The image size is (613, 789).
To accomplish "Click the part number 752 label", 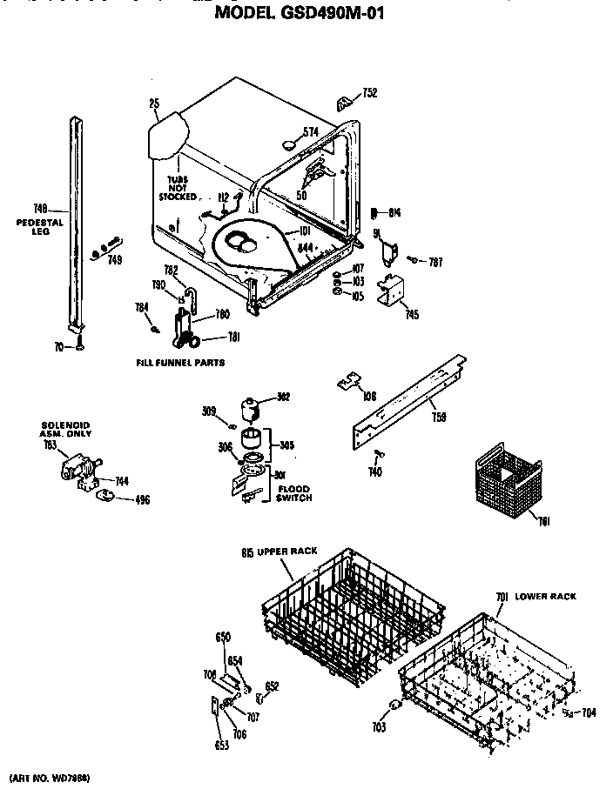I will pyautogui.click(x=371, y=93).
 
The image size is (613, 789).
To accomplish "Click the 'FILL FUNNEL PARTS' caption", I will pyautogui.click(x=179, y=362).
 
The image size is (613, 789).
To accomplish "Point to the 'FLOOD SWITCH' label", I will pyautogui.click(x=293, y=493).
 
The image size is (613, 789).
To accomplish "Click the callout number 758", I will pyautogui.click(x=440, y=417).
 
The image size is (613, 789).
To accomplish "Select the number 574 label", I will pyautogui.click(x=310, y=132).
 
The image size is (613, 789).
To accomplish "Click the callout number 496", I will pyautogui.click(x=140, y=499).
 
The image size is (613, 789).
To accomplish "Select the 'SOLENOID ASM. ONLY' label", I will pyautogui.click(x=65, y=429).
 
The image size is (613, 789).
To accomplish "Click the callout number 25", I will pyautogui.click(x=154, y=104).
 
